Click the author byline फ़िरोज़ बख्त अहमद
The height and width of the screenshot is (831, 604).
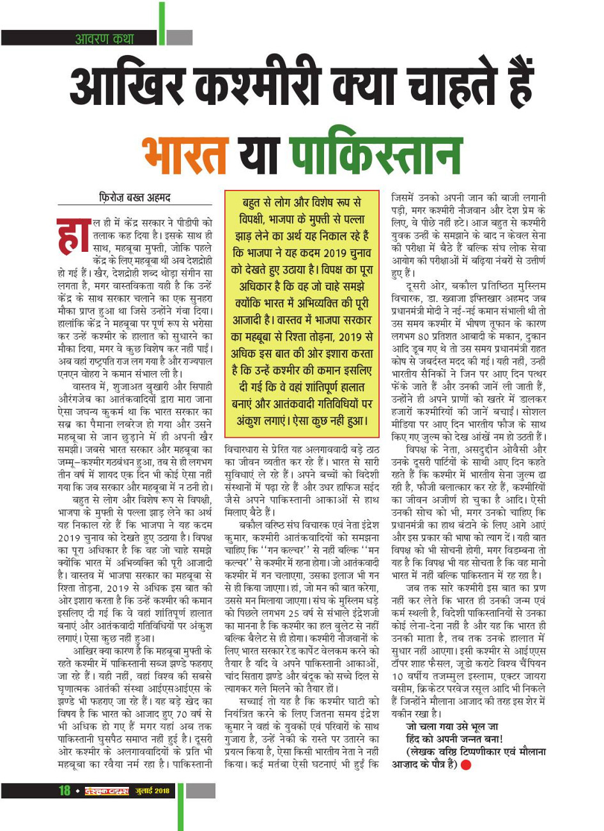coord(134,198)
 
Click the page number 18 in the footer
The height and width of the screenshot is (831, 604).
coord(65,791)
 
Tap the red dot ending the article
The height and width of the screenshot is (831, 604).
coord(466,765)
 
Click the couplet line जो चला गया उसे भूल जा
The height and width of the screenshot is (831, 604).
coord(451,727)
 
